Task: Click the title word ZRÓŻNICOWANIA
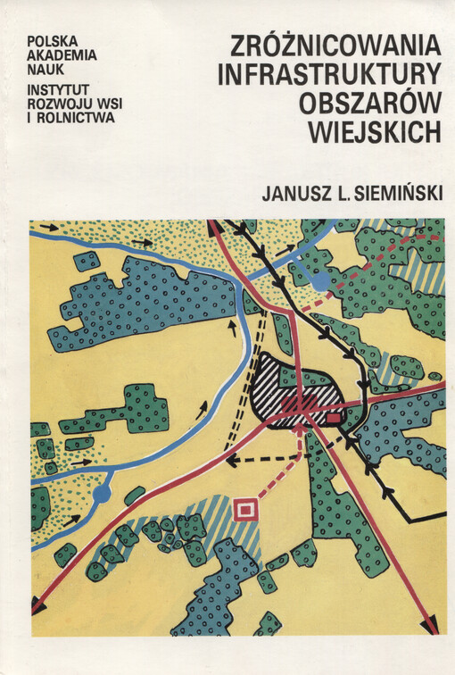click(335, 46)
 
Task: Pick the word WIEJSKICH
click(374, 130)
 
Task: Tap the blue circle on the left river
click(103, 492)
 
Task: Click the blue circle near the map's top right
click(320, 281)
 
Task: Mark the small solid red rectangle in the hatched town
click(334, 417)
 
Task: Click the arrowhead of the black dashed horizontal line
click(231, 462)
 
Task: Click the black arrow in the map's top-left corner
click(48, 228)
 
